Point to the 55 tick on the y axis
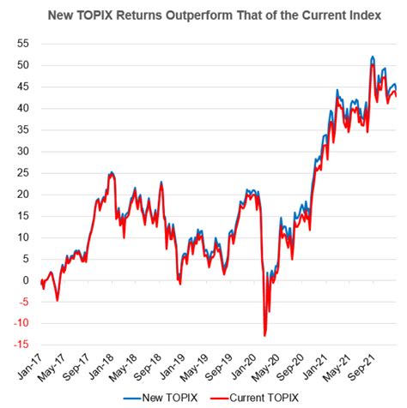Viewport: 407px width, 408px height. [x=21, y=43]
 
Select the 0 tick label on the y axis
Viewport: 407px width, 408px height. [x=25, y=280]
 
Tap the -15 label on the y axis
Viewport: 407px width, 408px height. [x=20, y=345]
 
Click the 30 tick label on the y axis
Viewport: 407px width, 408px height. [x=21, y=151]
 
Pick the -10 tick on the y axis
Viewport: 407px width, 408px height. [x=20, y=323]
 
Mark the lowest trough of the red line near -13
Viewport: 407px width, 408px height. [x=265, y=335]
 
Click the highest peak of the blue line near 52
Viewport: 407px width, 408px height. [x=372, y=57]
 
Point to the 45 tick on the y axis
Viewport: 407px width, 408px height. [x=21, y=87]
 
